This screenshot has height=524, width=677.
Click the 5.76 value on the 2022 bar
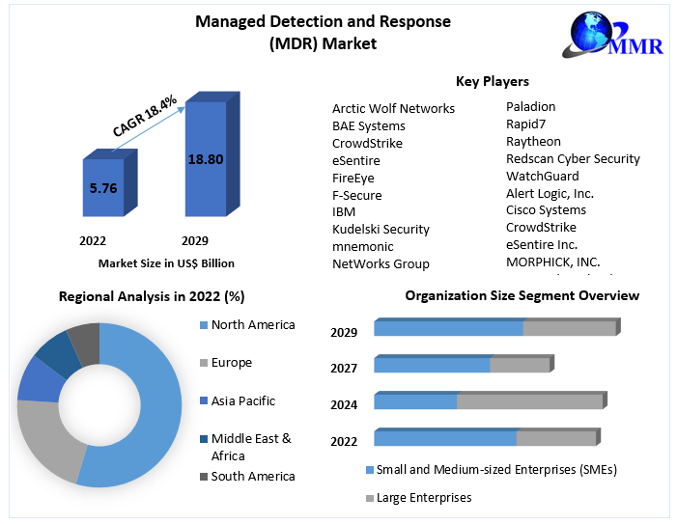point(102,188)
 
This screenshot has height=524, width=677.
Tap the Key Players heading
point(492,81)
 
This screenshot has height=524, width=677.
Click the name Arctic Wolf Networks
point(393,108)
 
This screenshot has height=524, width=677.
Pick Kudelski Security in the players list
point(381,229)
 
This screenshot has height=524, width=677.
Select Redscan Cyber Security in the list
point(573,158)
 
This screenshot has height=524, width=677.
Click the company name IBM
point(344,211)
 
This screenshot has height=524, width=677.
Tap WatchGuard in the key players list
point(542,176)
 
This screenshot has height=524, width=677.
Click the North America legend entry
point(252,324)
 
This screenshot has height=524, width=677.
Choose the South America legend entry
point(252,476)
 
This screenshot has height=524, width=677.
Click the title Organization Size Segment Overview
point(522,295)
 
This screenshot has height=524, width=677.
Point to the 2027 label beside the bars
point(344,368)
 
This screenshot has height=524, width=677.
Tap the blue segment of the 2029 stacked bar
point(448,328)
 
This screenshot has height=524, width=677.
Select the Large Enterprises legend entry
point(423,497)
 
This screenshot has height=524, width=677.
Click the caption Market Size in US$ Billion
point(166,262)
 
